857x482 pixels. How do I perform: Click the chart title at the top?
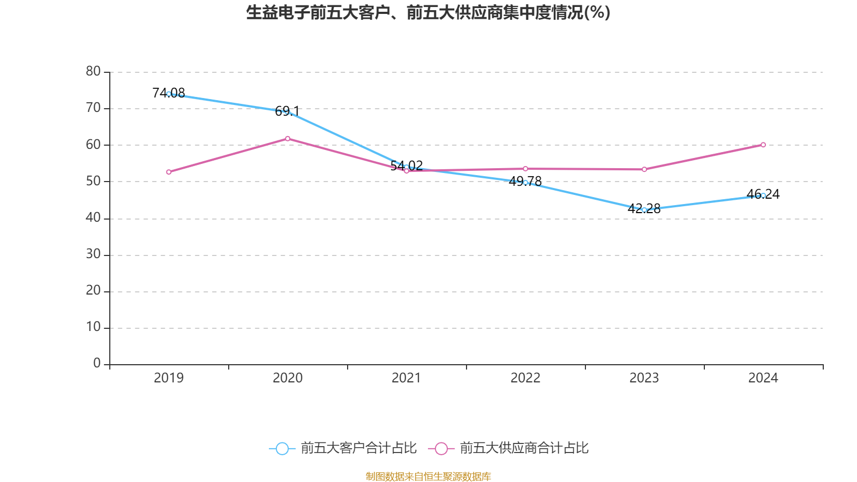point(428,12)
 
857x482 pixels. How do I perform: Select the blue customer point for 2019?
point(169,94)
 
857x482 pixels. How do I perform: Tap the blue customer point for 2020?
point(288,112)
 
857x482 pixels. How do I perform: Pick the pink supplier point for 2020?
point(288,139)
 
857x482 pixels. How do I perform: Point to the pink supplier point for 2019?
point(169,172)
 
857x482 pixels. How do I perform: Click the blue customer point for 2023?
point(644,210)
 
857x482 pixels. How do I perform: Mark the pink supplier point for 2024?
point(763,145)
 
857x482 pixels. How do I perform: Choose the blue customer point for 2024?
point(763,195)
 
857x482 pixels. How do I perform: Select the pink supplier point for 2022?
point(525,169)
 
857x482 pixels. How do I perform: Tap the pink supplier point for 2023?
point(644,169)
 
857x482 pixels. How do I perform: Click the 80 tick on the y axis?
point(93,71)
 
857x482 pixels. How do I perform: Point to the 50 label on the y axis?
point(93,181)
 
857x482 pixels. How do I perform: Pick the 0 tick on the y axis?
point(97,364)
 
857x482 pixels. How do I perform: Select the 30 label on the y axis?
point(93,254)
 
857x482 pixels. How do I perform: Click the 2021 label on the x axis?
point(407,378)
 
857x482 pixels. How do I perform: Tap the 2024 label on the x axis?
point(763,378)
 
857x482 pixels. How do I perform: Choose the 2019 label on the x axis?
point(169,378)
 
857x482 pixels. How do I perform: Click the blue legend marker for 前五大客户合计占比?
point(282,448)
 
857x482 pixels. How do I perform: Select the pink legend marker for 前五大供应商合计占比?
point(441,448)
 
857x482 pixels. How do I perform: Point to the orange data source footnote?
point(428,476)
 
